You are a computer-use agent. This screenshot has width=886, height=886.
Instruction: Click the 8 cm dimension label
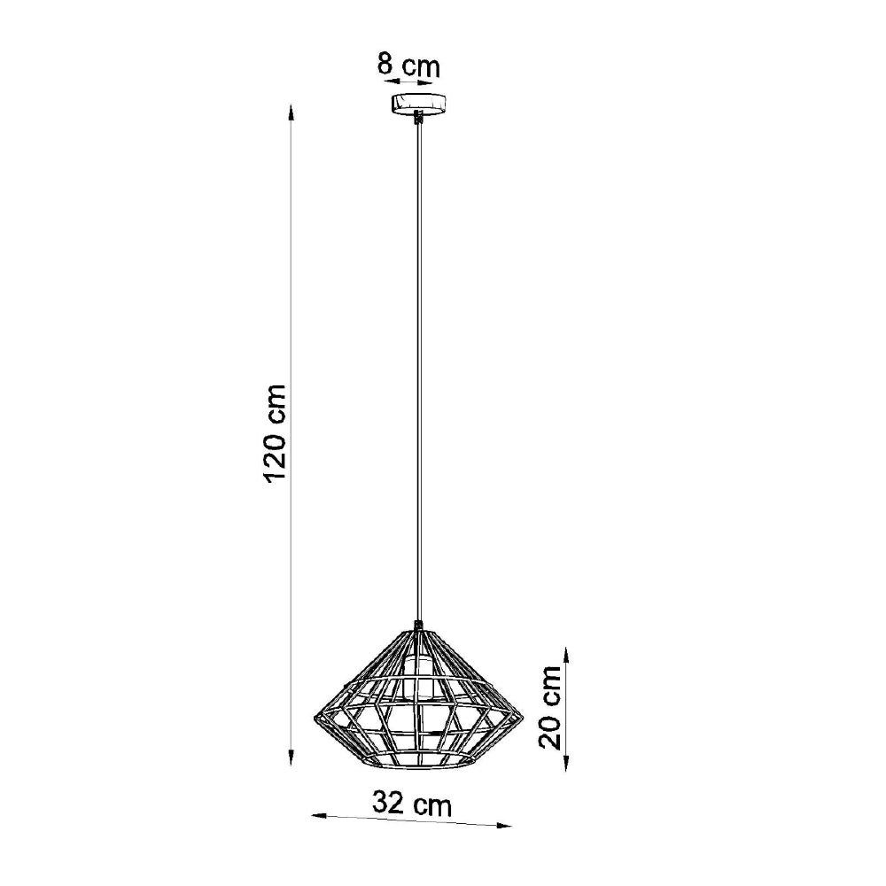408,65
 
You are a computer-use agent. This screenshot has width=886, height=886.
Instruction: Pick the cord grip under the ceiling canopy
417,118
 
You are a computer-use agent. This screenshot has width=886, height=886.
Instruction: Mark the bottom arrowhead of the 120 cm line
292,760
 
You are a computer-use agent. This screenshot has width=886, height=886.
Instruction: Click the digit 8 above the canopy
386,65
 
